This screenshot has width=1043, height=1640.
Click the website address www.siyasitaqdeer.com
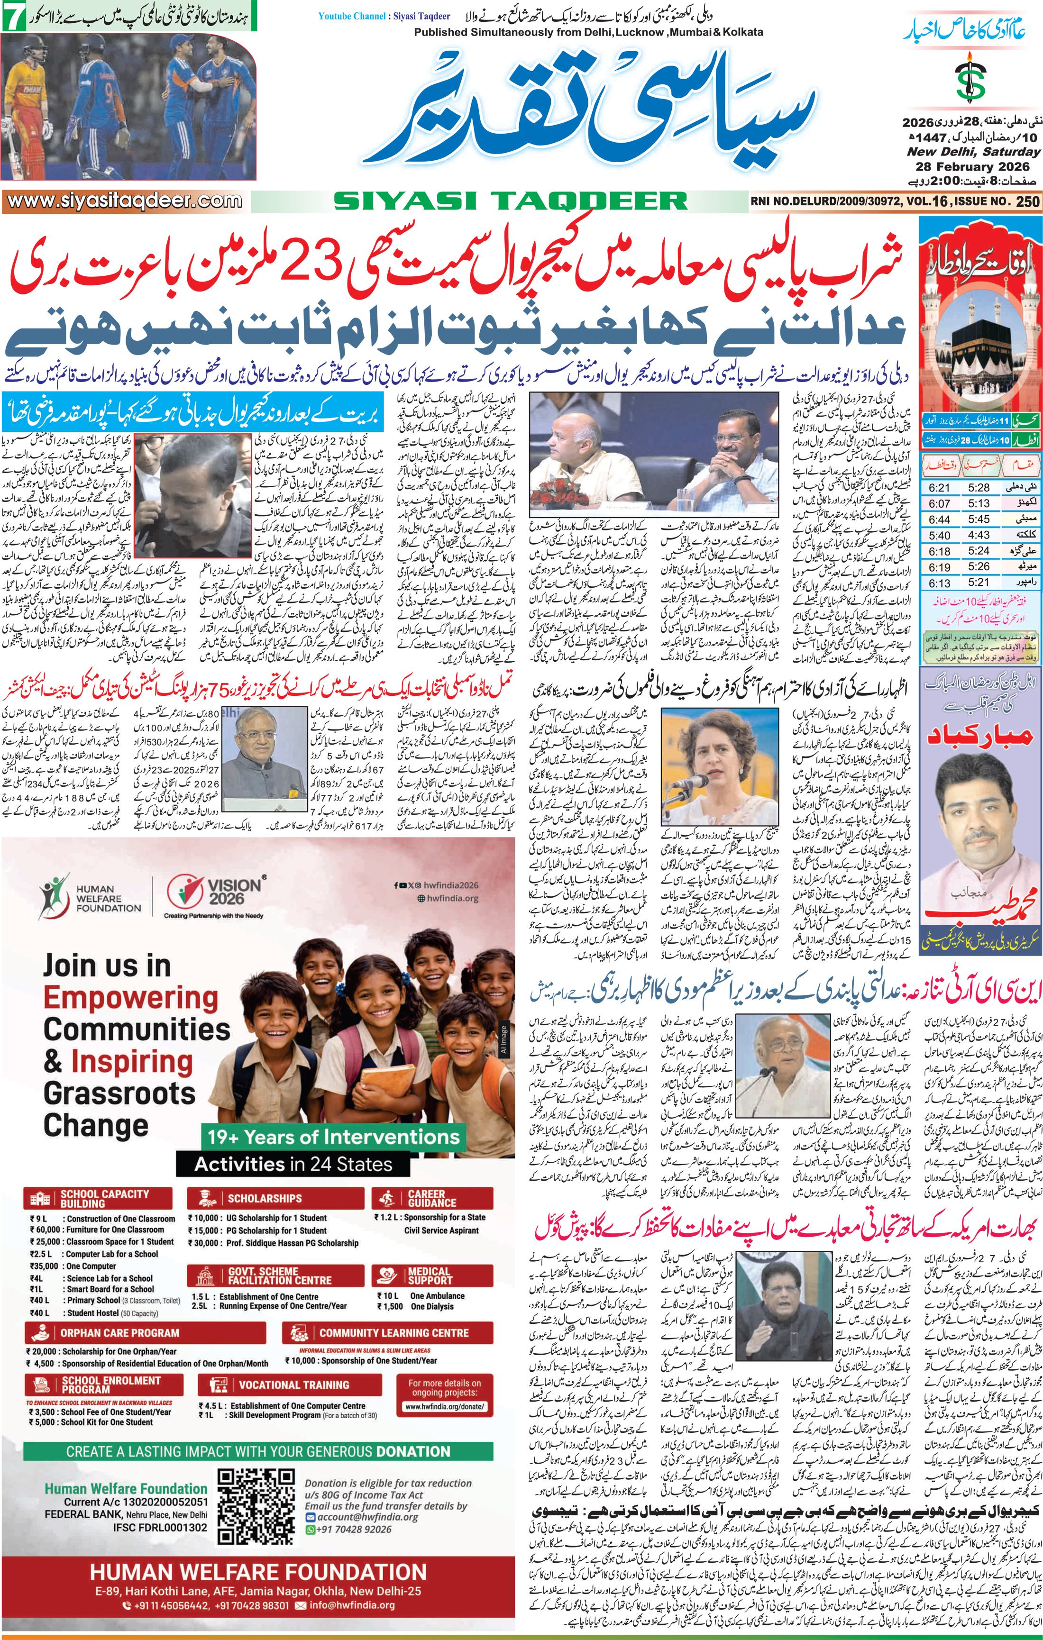pos(125,201)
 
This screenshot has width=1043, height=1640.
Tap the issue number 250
pos(1027,201)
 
